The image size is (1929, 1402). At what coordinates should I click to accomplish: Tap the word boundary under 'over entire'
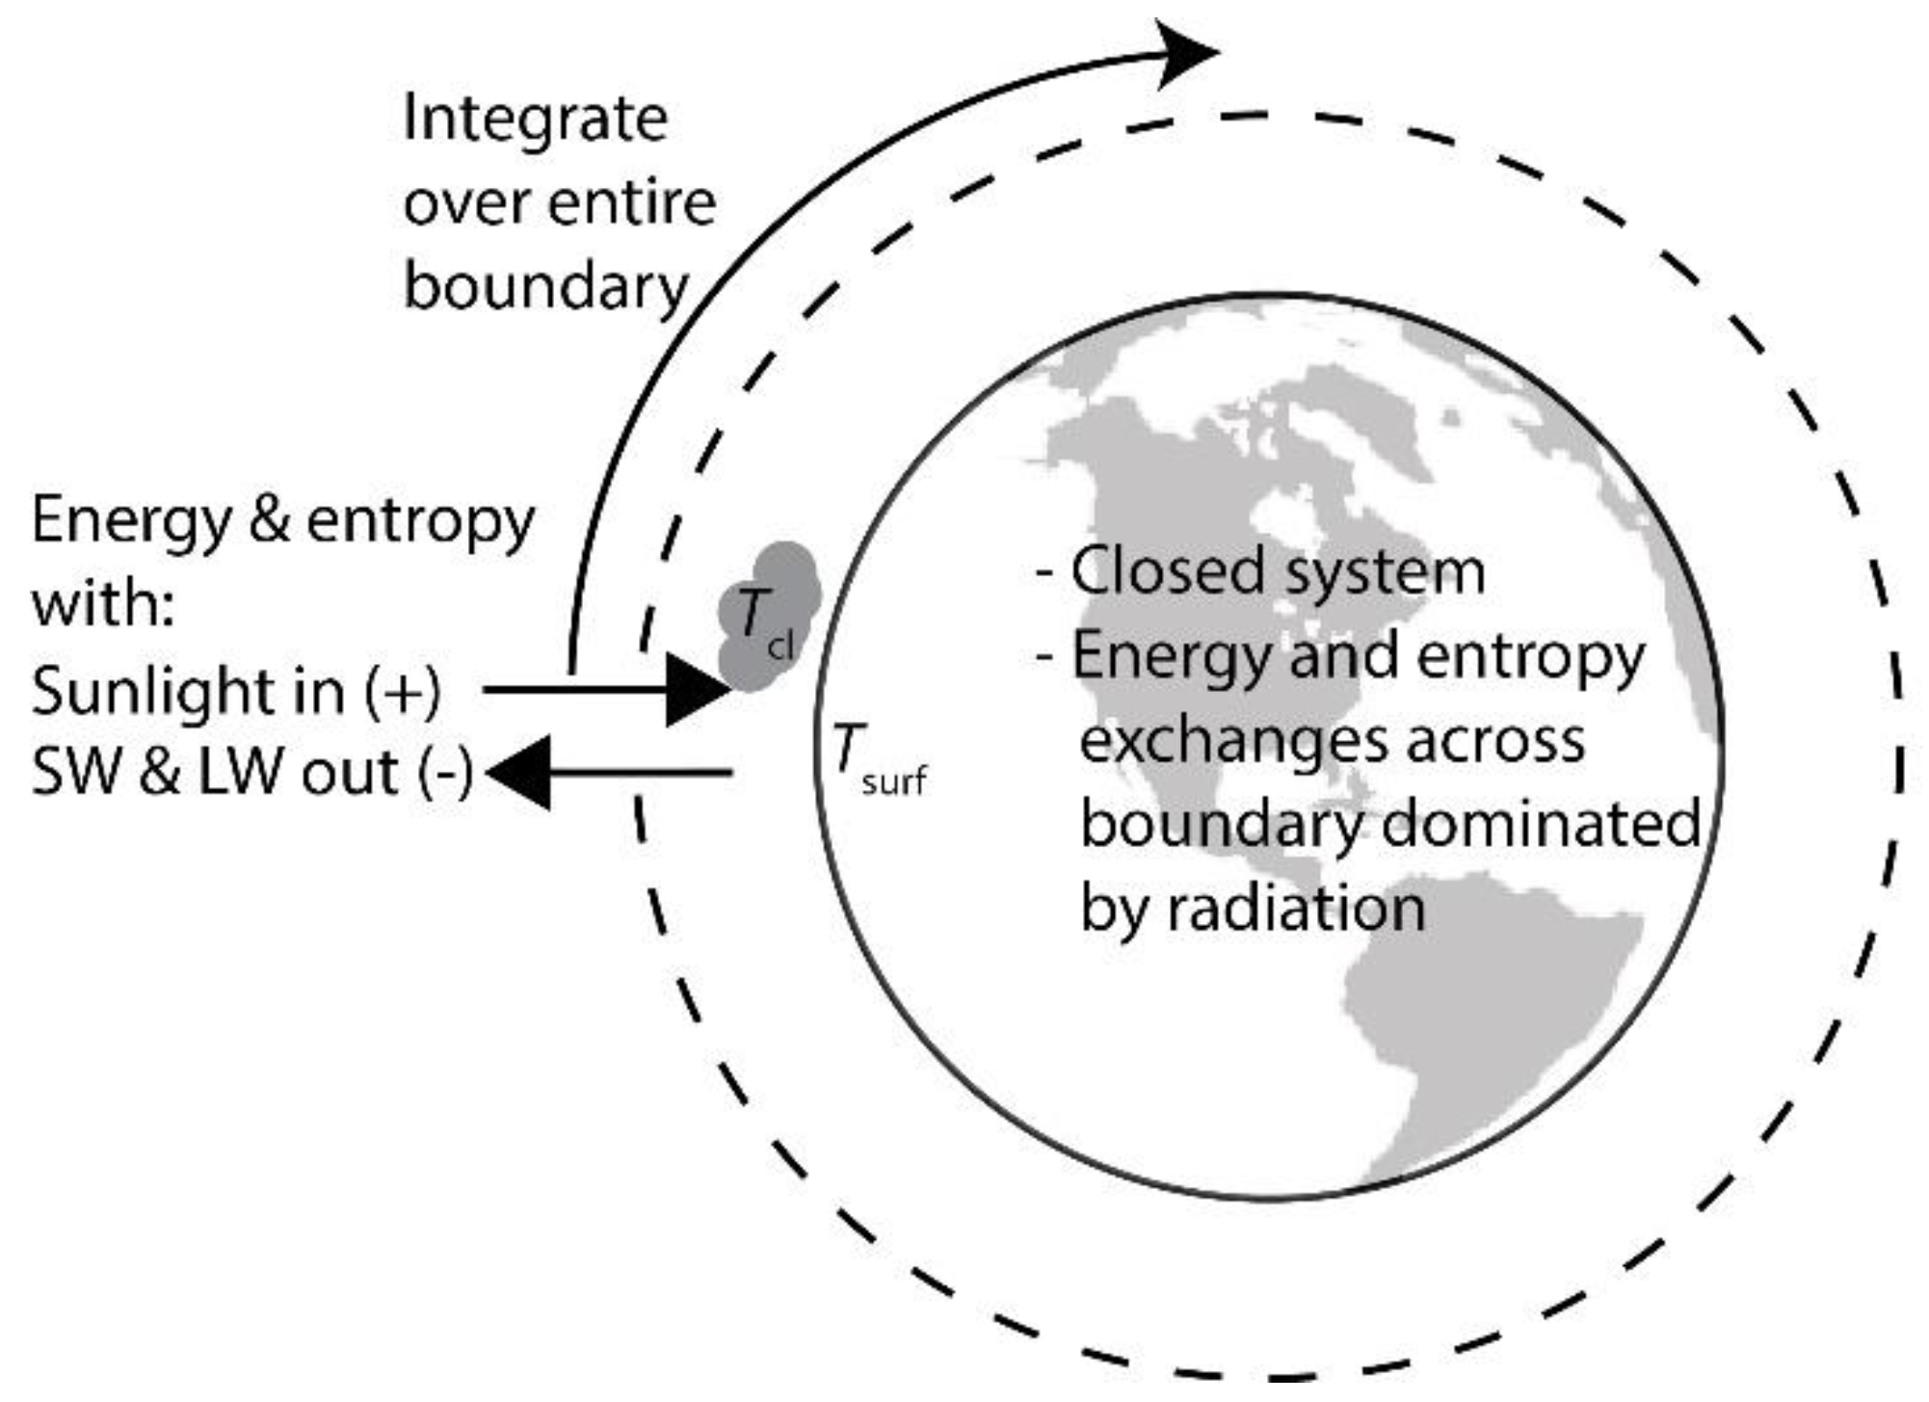point(545,287)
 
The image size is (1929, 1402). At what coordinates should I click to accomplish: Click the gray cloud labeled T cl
point(769,617)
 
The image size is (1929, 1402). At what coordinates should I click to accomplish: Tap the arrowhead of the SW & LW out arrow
point(520,772)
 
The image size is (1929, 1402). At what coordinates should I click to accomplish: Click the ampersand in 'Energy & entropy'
point(269,520)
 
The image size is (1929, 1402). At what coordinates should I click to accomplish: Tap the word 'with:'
point(102,605)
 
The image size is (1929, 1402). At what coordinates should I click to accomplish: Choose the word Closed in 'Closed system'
point(1152,571)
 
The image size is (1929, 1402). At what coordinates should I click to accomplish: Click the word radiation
point(1296,909)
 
